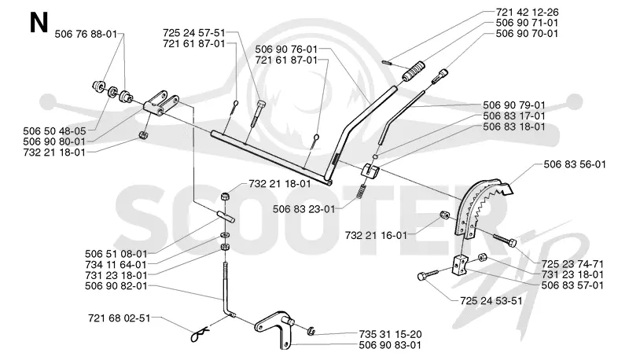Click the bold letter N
pos(39,23)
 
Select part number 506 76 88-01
pos(86,34)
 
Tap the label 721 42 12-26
pos(527,12)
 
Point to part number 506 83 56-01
pos(575,164)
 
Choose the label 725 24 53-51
pos(491,301)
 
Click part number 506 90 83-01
pos(390,345)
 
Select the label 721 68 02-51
pos(120,318)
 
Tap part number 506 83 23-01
pos(303,209)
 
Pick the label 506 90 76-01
pos(286,50)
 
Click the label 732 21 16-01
pos(376,235)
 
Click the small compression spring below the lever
pos(362,190)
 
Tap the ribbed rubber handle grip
pos(413,71)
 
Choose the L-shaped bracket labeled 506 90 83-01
pos(277,327)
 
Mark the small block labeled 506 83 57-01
pos(461,265)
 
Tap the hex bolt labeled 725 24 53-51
pos(428,275)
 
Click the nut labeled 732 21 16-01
pos(444,215)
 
